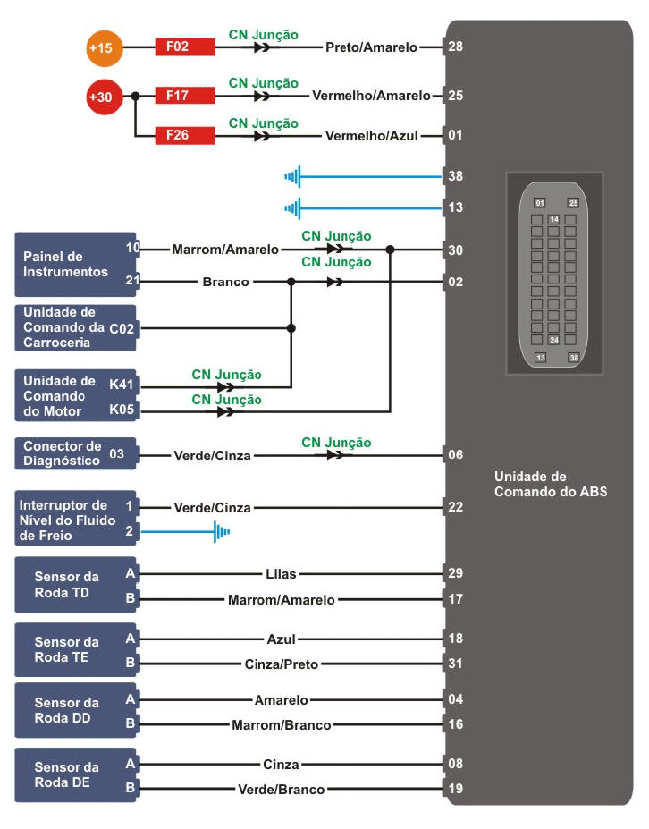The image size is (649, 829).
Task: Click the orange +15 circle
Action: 105,47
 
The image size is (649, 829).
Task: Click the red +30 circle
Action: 104,97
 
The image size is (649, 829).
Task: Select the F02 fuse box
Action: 184,47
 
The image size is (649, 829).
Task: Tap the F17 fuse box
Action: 184,95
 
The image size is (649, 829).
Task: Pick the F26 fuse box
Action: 184,136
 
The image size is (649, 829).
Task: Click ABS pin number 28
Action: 456,47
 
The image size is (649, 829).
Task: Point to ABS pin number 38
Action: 456,176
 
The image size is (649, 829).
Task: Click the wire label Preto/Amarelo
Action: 371,47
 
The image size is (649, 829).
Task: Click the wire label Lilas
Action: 281,573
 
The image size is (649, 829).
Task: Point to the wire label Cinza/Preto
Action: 281,664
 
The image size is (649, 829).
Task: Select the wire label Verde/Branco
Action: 281,790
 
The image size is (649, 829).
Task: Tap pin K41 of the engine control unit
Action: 121,384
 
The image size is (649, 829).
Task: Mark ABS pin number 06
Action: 456,454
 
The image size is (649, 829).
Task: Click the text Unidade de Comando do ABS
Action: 550,484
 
